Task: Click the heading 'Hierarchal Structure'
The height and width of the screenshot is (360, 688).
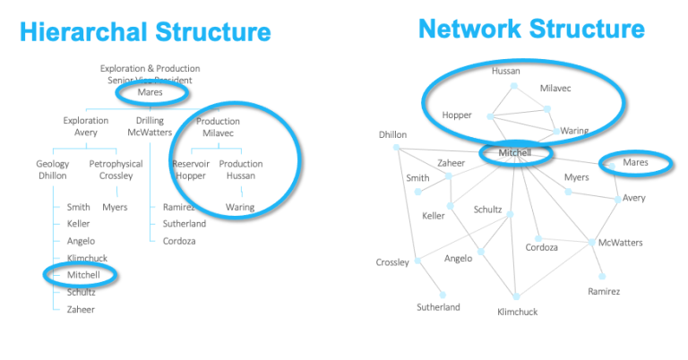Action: [145, 33]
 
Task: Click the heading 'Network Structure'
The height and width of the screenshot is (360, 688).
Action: [531, 29]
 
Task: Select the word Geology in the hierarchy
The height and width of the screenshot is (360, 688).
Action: [53, 164]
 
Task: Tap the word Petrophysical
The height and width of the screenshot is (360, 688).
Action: [116, 164]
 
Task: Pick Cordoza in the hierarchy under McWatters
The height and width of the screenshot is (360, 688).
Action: [178, 241]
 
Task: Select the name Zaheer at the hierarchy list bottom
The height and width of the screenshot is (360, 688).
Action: [81, 309]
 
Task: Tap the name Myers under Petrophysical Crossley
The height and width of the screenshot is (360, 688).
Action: [115, 207]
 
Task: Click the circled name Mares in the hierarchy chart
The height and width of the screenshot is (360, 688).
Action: [150, 91]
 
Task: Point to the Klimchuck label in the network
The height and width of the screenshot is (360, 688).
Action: [519, 312]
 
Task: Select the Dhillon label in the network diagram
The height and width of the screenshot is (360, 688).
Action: [392, 134]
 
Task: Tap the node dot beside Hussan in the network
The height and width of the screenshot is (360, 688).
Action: [513, 86]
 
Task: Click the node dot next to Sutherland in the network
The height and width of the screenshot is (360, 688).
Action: [442, 293]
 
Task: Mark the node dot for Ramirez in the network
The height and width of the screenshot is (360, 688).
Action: [602, 276]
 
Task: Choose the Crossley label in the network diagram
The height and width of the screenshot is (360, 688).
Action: [392, 262]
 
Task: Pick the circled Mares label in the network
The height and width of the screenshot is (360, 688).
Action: [635, 163]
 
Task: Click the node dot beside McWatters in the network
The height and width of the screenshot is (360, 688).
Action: [591, 243]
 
